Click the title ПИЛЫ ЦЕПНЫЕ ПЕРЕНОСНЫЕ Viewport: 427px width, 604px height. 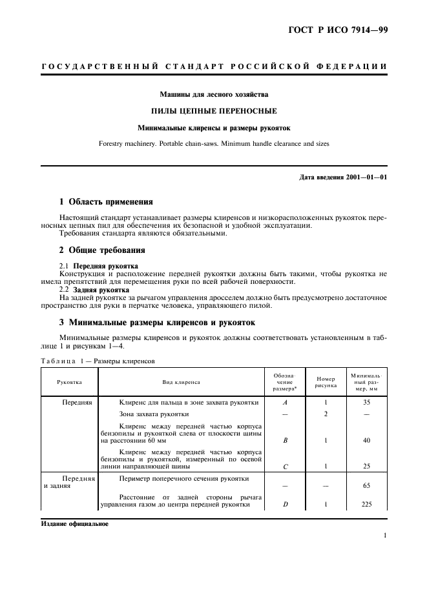tap(214, 111)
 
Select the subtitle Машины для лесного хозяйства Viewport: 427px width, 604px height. tap(214, 95)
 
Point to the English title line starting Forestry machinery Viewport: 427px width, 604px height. tap(214, 143)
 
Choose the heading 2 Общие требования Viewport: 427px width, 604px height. tap(102, 250)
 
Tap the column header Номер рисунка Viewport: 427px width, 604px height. tap(326, 382)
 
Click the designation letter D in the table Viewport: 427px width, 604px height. tap(285, 505)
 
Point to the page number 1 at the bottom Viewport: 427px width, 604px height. tap(384, 535)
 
